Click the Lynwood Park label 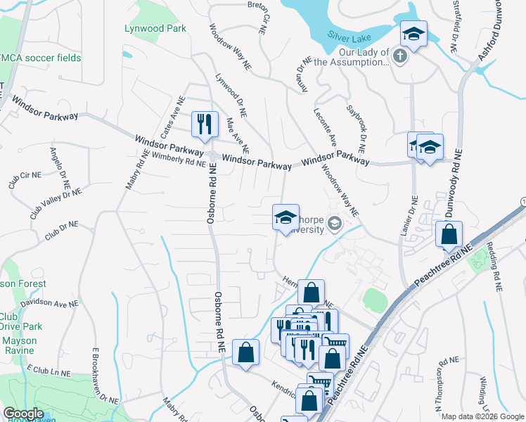(x=155, y=29)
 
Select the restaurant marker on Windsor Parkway (x=205, y=125)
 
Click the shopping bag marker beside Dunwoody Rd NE (x=449, y=234)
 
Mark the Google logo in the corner (x=24, y=414)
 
